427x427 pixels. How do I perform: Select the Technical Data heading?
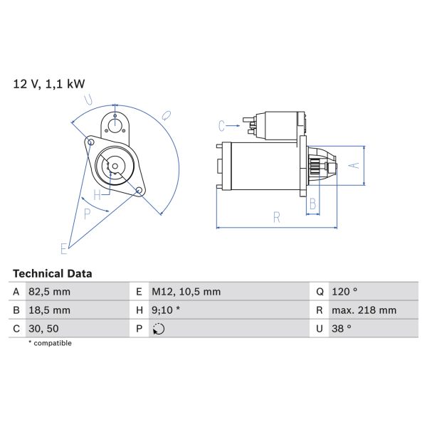53,273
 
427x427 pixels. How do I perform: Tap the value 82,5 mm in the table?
50,291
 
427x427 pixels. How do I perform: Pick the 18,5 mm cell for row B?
50,310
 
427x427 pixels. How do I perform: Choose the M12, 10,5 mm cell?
186,291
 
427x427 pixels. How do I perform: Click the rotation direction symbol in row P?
158,329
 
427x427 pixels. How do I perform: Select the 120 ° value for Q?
345,291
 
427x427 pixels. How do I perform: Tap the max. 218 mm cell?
365,310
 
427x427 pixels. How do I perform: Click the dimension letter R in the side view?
277,218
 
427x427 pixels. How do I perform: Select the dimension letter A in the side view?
351,165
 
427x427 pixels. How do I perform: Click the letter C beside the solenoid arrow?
222,126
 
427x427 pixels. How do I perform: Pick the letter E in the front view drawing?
63,248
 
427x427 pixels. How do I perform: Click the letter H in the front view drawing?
97,194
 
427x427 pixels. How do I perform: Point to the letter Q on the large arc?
165,114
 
